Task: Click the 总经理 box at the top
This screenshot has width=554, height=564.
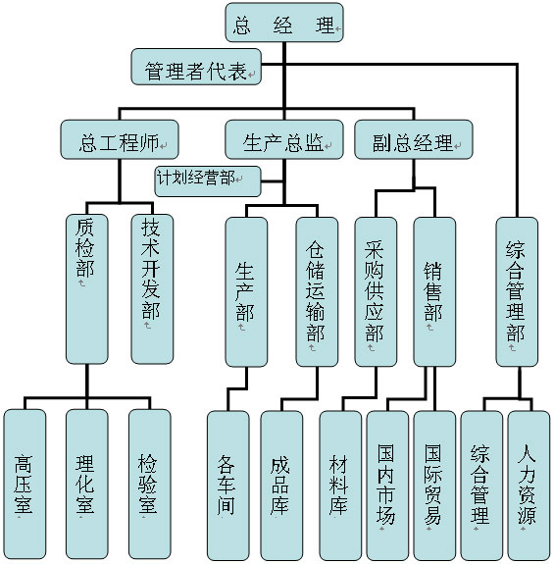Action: pos(284,23)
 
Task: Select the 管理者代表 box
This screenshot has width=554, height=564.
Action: pos(196,67)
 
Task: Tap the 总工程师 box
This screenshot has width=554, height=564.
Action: pos(120,139)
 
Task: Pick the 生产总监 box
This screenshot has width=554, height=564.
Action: pos(284,139)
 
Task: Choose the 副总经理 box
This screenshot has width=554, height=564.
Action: pos(414,139)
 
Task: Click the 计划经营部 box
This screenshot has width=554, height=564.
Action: pos(208,180)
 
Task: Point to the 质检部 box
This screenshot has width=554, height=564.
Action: pos(87,289)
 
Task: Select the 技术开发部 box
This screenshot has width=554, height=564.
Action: pos(152,289)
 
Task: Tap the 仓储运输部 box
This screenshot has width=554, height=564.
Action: pos(317,292)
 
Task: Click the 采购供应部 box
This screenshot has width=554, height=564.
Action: pos(376,292)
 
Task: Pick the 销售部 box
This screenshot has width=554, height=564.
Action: pos(434,292)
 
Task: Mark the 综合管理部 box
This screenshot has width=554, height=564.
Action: pos(517,292)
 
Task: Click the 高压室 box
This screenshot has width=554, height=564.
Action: pos(25,485)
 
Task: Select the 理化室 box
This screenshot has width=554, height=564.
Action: pos(87,485)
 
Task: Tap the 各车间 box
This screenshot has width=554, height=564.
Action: pos(227,486)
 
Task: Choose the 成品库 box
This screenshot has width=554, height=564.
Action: pos(281,486)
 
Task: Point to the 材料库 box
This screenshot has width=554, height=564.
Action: pos(340,486)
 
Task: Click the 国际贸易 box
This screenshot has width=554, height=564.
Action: pos(434,486)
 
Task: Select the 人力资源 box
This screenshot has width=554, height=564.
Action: pos(529,486)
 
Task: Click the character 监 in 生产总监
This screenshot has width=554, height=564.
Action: pos(315,142)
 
